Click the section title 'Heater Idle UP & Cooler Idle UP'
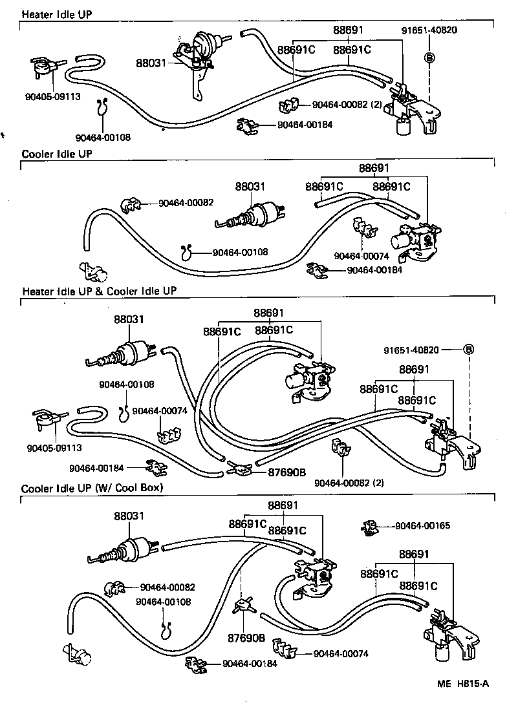pos(99,291)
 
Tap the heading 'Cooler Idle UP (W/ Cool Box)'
pos(92,487)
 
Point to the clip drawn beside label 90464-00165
pos(370,527)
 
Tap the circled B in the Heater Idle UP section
pos(429,58)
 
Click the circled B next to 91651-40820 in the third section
pos(469,350)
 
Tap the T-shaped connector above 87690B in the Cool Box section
pos(243,606)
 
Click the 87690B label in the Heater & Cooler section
pos(286,472)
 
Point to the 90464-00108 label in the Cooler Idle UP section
pos(240,253)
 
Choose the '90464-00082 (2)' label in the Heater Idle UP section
pos(347,105)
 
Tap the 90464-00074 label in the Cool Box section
pos(341,654)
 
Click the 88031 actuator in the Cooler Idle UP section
pos(255,215)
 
